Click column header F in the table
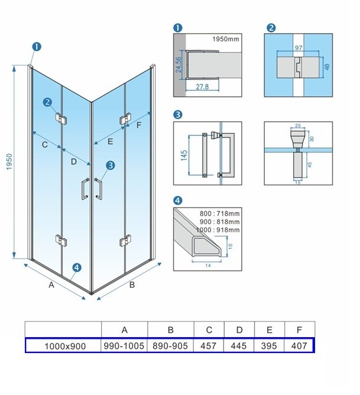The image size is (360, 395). tap(299, 329)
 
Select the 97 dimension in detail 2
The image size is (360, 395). tap(299, 47)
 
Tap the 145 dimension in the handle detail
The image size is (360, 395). tap(184, 155)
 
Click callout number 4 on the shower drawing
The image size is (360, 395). tap(76, 268)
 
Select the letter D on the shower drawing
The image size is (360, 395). tap(73, 161)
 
